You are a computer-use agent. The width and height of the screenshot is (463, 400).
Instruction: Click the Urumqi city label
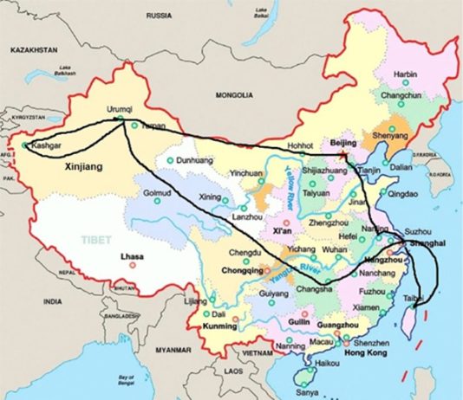120,110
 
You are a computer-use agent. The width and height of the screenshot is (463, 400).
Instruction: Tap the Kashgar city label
46,147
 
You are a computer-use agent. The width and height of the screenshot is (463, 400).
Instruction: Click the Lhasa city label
132,256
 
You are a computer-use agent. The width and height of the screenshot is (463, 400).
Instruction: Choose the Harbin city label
405,74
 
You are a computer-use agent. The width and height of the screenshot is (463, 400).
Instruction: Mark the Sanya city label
303,392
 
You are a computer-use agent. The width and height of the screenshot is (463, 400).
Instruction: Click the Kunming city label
218,326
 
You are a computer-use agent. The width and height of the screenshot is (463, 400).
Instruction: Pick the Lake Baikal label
259,13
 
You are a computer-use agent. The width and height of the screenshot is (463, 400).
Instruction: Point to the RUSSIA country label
159,16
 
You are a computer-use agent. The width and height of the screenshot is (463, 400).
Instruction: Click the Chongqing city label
229,268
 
